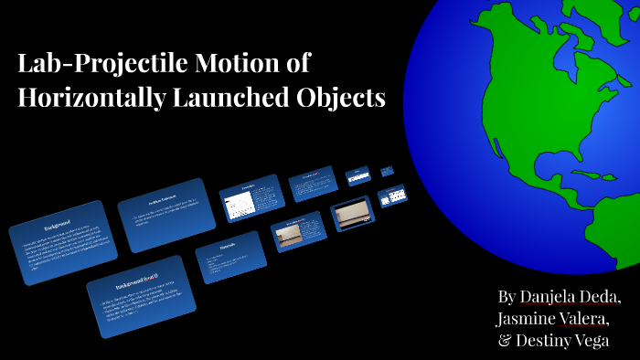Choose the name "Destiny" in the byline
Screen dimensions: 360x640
551,341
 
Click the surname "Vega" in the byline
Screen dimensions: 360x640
609,341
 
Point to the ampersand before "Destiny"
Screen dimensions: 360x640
505,341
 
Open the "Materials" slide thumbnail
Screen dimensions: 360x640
229,257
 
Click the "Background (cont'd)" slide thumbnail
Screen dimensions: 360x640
141,295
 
